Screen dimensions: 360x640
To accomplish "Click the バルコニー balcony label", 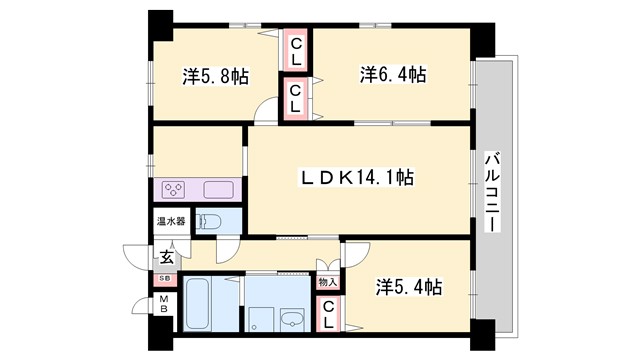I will click(x=492, y=192).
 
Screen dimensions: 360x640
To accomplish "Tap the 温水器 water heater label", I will click(x=167, y=221).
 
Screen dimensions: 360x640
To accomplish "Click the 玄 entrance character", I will click(x=167, y=257).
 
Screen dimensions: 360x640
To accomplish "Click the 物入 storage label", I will click(x=328, y=281).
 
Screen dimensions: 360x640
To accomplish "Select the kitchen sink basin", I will click(x=218, y=188).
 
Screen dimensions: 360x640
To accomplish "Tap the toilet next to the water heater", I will click(x=208, y=221).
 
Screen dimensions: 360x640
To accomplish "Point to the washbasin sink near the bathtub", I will click(x=292, y=320).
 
